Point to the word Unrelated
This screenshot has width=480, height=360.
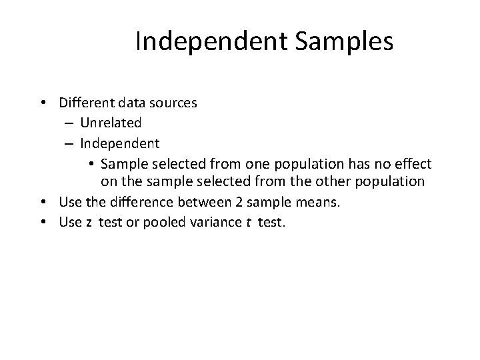tap(111, 123)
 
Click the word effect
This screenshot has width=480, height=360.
tap(413, 163)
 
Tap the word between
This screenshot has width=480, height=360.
tap(188, 203)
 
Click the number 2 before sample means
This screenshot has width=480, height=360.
tap(217, 203)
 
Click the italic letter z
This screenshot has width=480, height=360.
tap(88, 223)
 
